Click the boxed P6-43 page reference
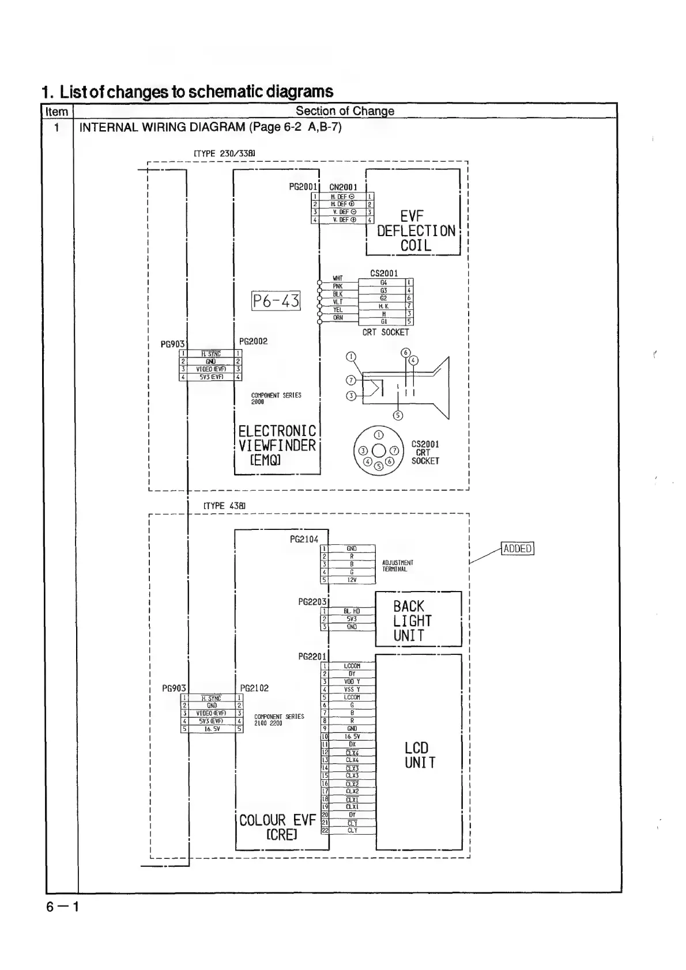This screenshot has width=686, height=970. click(276, 301)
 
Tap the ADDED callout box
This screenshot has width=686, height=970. click(517, 548)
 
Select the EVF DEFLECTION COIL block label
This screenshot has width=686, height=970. click(416, 231)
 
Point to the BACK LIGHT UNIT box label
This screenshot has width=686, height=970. click(412, 621)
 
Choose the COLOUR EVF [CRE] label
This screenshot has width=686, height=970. click(278, 827)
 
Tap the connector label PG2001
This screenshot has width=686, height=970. click(303, 187)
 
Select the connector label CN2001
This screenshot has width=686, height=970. click(343, 187)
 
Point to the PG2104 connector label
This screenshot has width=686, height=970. click(304, 539)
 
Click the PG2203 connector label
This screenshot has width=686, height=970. click(312, 601)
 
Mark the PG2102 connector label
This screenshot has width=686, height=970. click(254, 688)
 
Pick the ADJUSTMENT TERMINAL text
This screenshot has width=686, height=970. click(397, 566)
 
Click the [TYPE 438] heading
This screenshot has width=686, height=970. click(225, 505)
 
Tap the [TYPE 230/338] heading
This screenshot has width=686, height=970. click(224, 154)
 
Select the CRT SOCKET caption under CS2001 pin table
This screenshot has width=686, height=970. click(386, 332)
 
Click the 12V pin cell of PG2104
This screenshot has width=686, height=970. click(351, 580)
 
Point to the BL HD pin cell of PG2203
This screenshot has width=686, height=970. click(351, 611)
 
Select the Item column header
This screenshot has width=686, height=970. click(56, 111)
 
